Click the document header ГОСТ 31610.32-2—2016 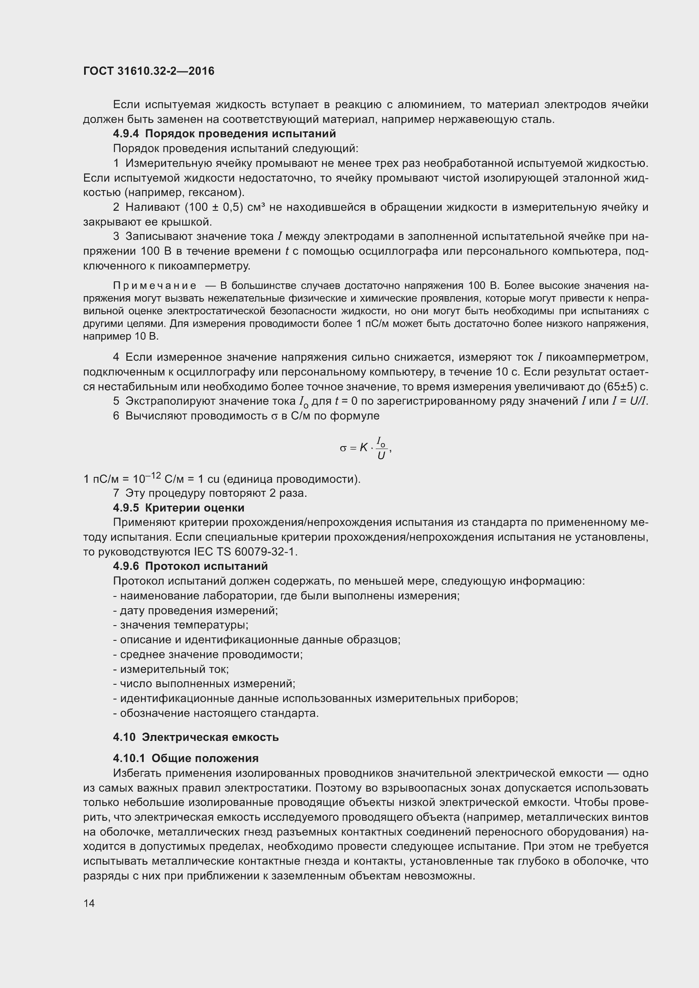(148, 71)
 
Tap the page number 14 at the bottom (89, 903)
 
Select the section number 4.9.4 (126, 133)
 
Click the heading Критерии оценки (194, 508)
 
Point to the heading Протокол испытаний (206, 566)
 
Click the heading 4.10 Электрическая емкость (196, 737)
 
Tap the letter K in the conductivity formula (364, 447)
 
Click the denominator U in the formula (381, 456)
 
